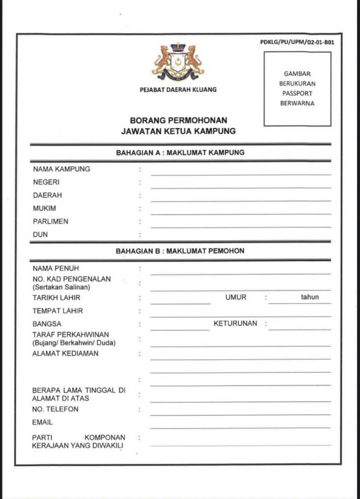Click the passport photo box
(297, 89)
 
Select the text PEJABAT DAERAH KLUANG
(178, 89)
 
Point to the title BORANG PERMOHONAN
(178, 120)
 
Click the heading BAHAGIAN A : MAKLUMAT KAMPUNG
(180, 153)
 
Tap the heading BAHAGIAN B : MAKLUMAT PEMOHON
(180, 251)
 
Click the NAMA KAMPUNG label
(62, 169)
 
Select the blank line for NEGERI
(241, 187)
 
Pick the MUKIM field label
(44, 208)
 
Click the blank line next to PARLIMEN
(241, 226)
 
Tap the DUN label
(40, 235)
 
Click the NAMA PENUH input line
(241, 273)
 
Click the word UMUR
(236, 297)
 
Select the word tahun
(310, 297)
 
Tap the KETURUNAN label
(235, 323)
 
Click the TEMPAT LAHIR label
(58, 311)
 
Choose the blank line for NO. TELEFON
(241, 414)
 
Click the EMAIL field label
(43, 422)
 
